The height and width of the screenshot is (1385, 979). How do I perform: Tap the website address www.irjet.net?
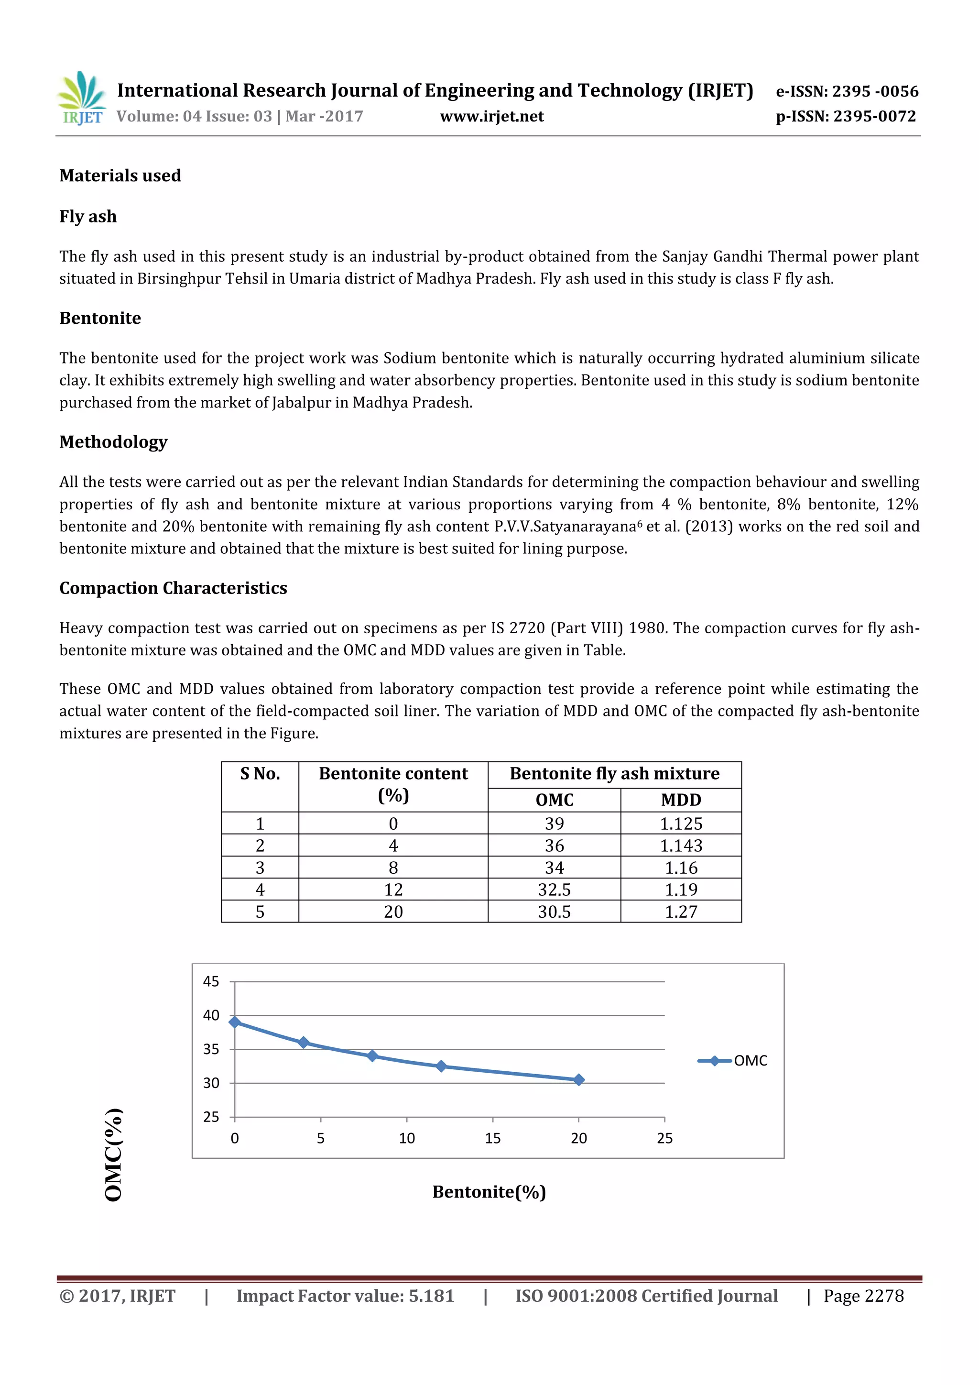point(491,116)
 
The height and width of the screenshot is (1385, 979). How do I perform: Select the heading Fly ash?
point(88,217)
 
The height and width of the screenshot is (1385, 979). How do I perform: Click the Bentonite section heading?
point(100,318)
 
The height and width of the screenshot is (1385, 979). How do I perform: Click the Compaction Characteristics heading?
point(173,588)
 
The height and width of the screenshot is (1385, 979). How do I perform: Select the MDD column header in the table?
point(681,800)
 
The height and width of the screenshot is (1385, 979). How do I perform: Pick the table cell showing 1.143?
point(681,846)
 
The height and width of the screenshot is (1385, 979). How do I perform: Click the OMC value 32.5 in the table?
point(554,890)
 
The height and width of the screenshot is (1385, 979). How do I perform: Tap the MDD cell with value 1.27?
point(681,912)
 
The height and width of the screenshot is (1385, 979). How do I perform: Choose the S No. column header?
point(260,774)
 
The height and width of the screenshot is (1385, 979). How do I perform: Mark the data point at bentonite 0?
point(235,1022)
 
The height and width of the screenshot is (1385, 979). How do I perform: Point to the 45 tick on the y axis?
point(211,982)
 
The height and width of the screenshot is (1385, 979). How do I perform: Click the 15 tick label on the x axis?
point(492,1138)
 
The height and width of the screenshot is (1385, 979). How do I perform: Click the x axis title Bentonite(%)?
point(489,1192)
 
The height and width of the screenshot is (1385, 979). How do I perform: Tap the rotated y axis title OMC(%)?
point(114,1154)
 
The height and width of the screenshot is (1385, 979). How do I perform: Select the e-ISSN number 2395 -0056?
point(874,92)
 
